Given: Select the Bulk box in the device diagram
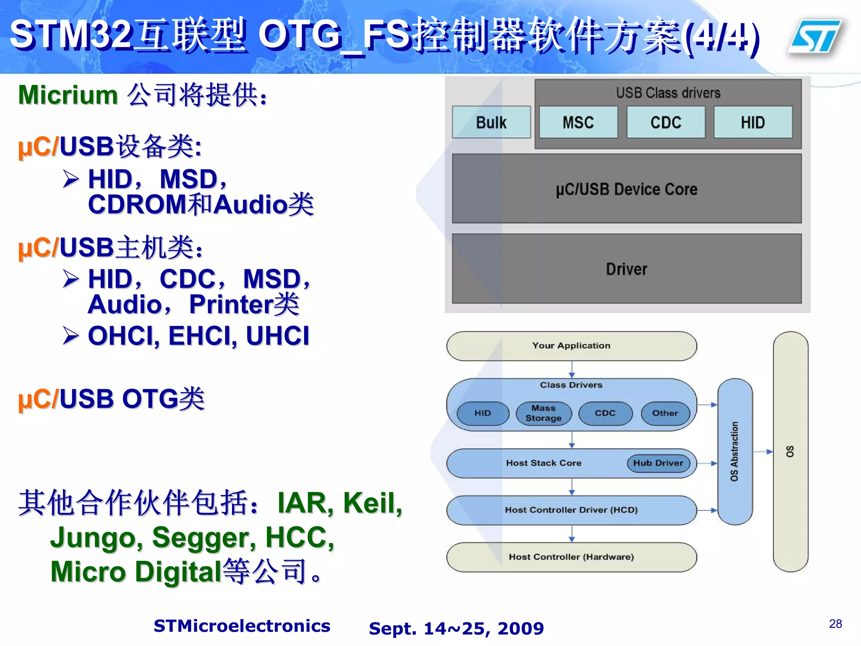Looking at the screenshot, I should (491, 122).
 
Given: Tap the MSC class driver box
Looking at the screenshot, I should (578, 122).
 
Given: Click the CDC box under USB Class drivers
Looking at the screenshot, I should (666, 122).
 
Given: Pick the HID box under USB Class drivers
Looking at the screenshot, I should (753, 122).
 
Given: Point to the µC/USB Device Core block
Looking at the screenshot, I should (626, 189).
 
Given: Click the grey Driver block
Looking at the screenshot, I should (626, 269).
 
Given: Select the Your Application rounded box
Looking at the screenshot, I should (571, 346).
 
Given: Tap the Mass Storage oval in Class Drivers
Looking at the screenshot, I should (544, 413).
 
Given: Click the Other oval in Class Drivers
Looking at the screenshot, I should (665, 413).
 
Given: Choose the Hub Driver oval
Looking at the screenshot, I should (658, 463).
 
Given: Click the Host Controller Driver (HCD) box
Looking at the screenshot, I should (571, 510).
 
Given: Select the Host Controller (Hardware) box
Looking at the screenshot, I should (571, 557).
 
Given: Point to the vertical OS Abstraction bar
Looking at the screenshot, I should (734, 451).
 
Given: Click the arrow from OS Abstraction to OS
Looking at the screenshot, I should (763, 452).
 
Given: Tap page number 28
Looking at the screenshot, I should (835, 624).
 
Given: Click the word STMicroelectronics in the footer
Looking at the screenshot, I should (242, 626).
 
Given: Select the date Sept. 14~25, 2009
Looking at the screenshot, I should (456, 628).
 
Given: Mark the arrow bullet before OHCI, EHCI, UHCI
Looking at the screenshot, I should (71, 336).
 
